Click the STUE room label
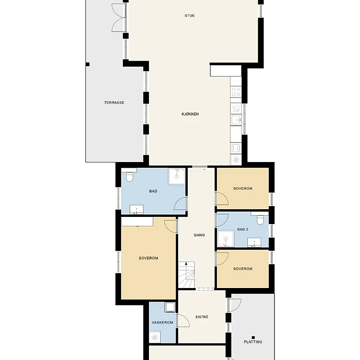(x=189, y=16)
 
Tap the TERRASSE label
(x=114, y=103)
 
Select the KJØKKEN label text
(x=190, y=114)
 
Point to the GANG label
(x=199, y=235)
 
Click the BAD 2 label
(x=243, y=229)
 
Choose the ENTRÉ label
(x=202, y=317)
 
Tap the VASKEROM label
(x=162, y=323)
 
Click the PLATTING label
(x=253, y=342)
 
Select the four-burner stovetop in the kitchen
(x=236, y=92)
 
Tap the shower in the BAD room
(x=176, y=176)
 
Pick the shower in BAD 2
(x=226, y=239)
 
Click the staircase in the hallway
(x=187, y=274)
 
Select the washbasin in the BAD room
(x=137, y=210)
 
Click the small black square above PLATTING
(x=253, y=337)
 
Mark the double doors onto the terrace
(x=119, y=18)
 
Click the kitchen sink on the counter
(x=236, y=120)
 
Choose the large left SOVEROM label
(x=148, y=258)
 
